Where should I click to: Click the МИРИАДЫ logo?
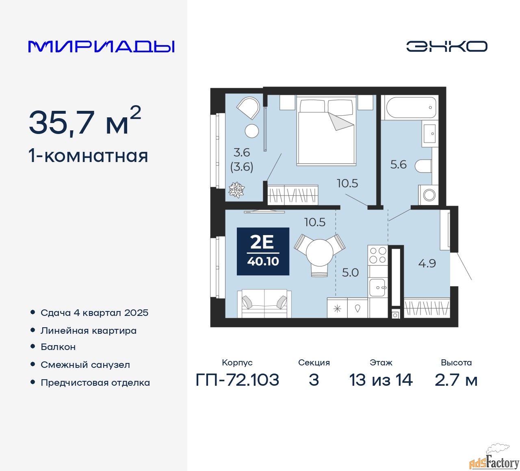point(102,46)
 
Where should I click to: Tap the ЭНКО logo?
point(446,46)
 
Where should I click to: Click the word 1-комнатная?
point(88,156)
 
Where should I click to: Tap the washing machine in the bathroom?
point(429,195)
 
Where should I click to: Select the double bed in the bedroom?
point(326,131)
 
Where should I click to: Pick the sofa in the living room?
point(264,303)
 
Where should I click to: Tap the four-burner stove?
point(378,255)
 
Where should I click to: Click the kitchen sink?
point(377,287)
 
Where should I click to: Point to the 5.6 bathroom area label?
point(398,164)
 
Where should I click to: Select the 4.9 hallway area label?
point(427,264)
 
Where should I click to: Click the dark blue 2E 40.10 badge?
point(263,251)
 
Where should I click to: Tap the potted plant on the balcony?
point(236,190)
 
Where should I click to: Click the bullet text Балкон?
point(58,347)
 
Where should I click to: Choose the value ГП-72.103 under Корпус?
point(237,380)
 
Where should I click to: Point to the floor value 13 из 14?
point(381,380)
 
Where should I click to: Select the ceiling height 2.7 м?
point(456,380)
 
